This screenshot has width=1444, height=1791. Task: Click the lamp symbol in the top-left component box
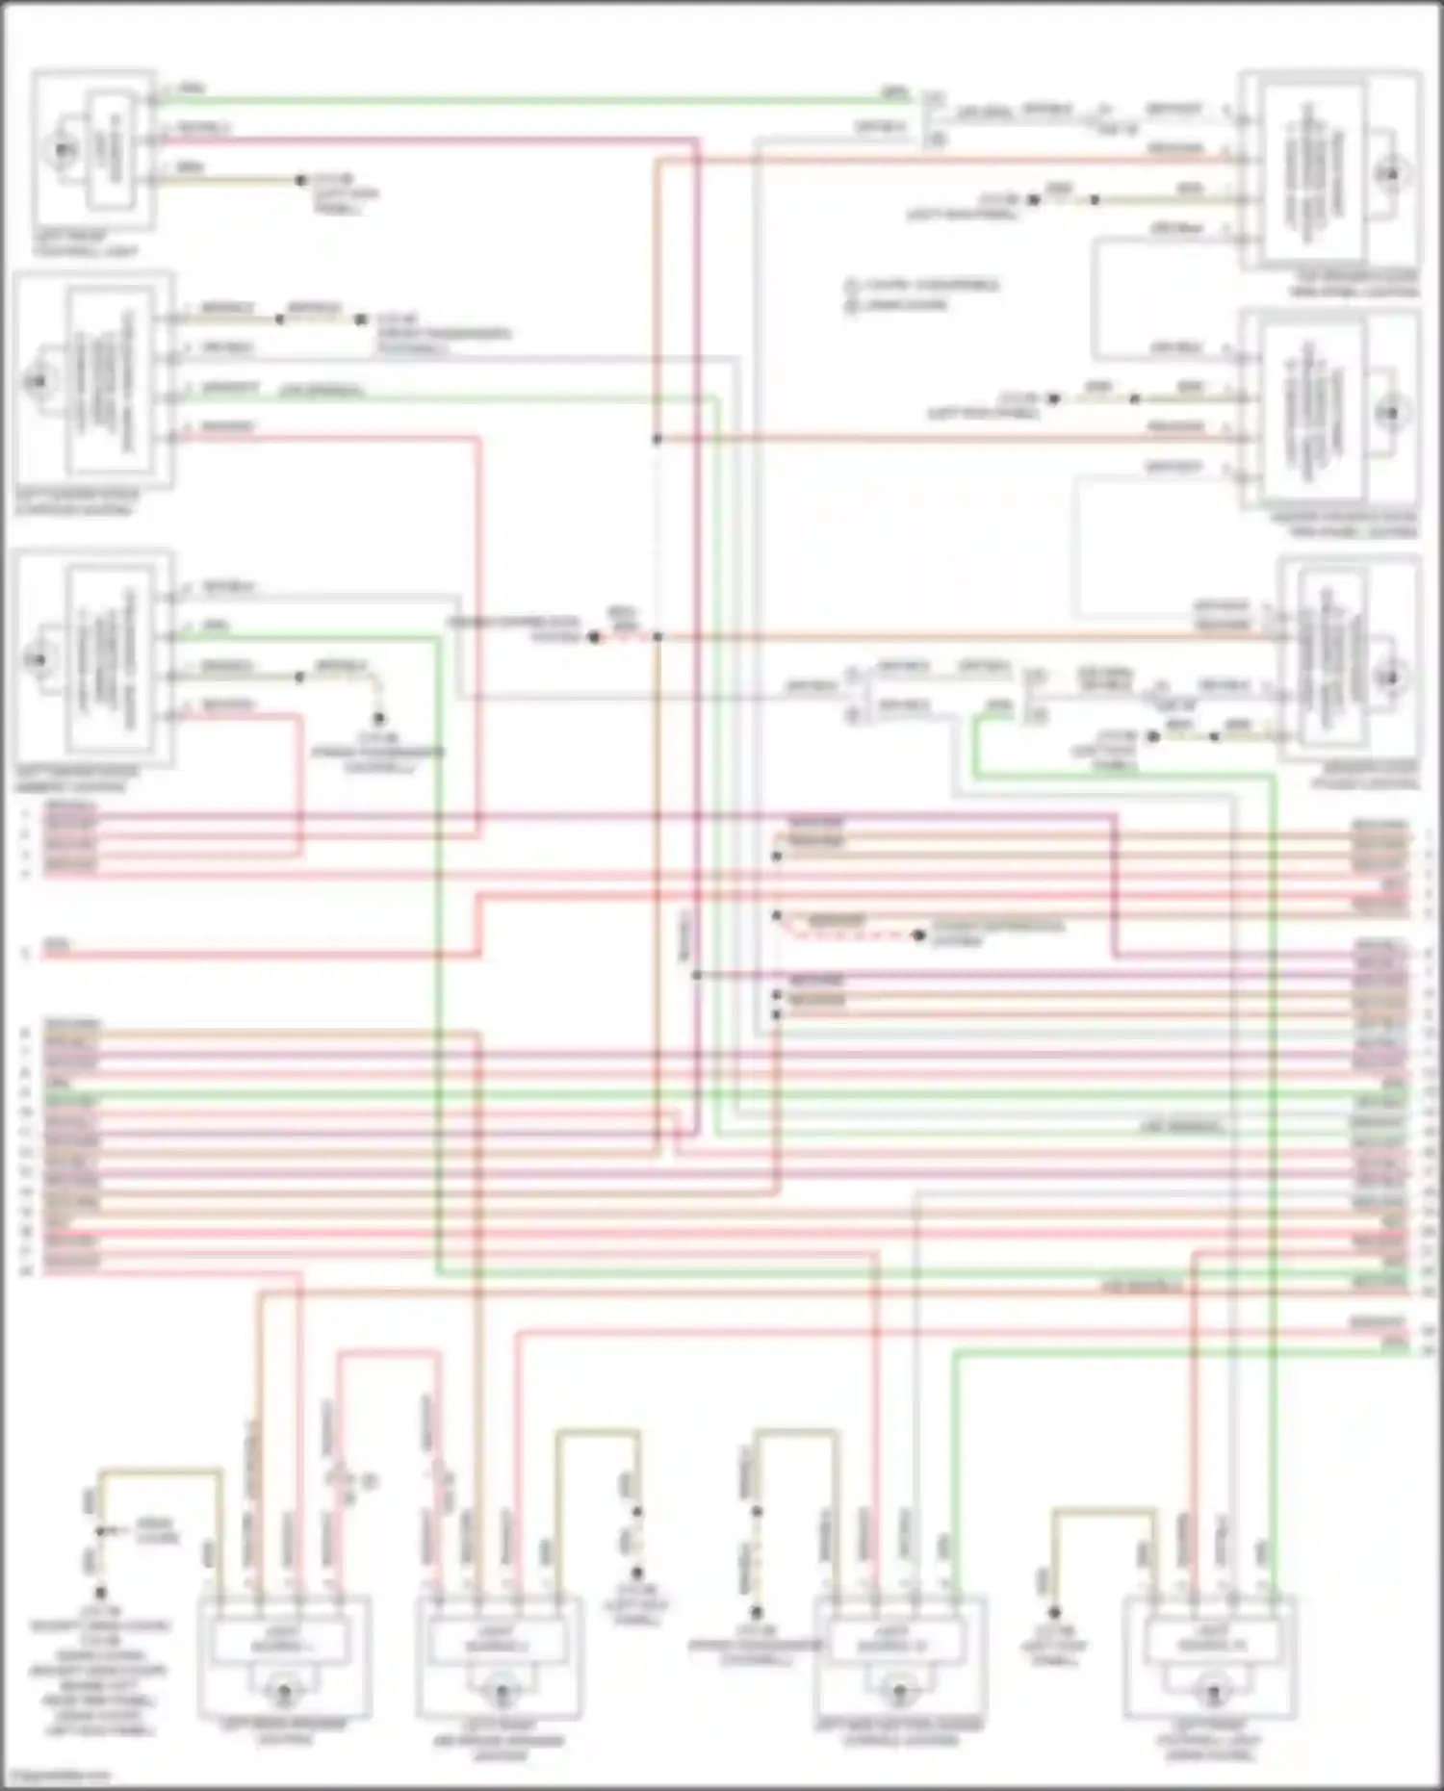tap(64, 149)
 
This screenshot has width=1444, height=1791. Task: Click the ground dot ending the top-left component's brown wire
tap(301, 180)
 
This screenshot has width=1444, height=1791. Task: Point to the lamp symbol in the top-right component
tap(1390, 175)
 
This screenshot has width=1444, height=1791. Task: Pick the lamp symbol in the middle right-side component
tap(1390, 413)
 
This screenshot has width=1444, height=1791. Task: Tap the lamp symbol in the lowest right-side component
tap(1390, 677)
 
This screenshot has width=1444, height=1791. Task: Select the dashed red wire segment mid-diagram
tap(847, 934)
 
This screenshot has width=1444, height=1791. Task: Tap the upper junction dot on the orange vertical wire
tap(658, 439)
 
